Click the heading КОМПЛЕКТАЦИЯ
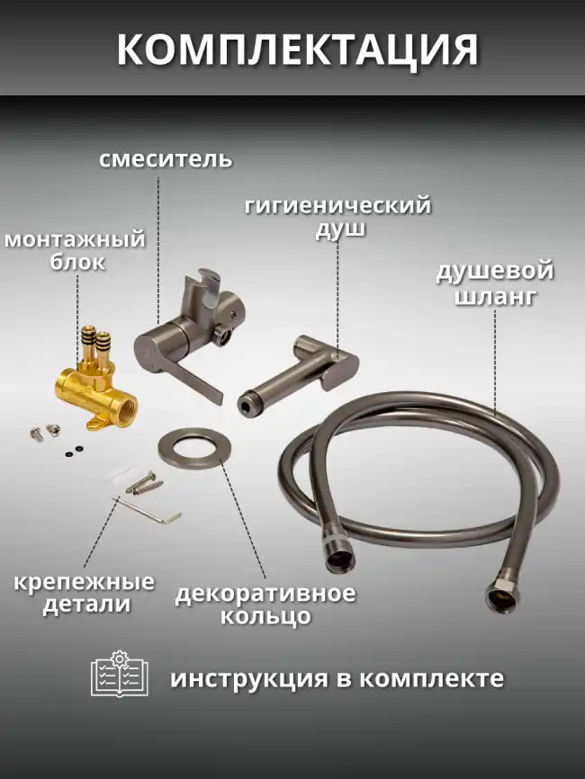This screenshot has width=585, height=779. [x=297, y=50]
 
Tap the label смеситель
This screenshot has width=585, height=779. [x=165, y=160]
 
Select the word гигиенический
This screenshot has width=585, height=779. [x=337, y=206]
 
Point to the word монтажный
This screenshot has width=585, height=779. [x=75, y=239]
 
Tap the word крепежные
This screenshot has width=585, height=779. [x=84, y=581]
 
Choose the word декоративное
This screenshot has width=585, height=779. [x=265, y=594]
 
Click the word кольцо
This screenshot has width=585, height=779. [x=265, y=617]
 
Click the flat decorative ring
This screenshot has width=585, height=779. [x=193, y=447]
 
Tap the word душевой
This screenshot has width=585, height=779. [x=494, y=272]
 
